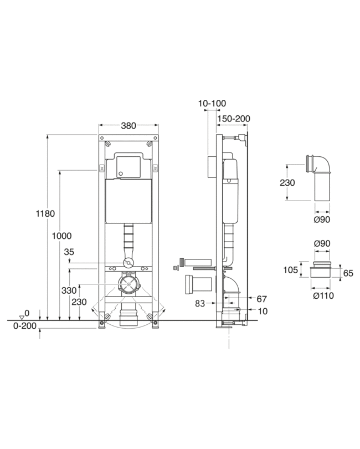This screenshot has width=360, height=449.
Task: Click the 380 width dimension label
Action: (x=128, y=126)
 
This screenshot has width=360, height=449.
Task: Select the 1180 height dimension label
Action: (x=45, y=213)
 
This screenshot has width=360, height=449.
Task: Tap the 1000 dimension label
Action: (x=61, y=236)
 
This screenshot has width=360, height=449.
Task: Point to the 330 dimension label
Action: (x=69, y=290)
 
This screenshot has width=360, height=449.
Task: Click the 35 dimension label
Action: (x=69, y=252)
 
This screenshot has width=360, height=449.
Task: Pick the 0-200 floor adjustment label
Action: (x=25, y=326)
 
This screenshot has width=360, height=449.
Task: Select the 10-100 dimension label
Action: (x=212, y=103)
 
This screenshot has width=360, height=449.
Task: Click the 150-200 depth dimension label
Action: (x=233, y=119)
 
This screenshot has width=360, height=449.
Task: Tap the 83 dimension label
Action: (x=200, y=303)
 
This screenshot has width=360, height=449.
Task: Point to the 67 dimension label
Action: (x=261, y=299)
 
